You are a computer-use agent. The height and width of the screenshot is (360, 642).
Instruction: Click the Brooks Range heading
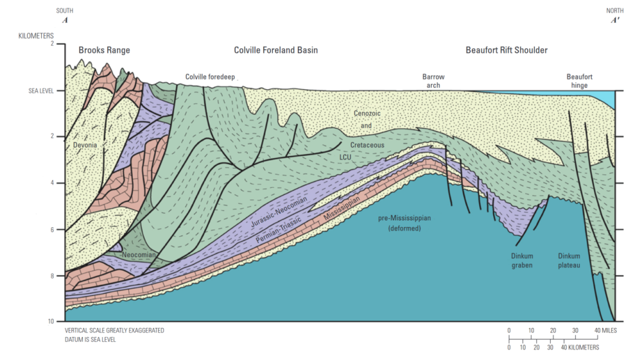coord(104,50)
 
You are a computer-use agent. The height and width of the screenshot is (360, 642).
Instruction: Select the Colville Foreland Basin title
coord(275,50)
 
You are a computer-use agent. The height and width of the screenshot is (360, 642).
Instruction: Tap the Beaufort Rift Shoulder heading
coord(507,50)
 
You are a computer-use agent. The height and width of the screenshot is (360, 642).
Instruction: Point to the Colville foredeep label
coord(210,77)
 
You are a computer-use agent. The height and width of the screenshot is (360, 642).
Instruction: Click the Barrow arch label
coord(433,81)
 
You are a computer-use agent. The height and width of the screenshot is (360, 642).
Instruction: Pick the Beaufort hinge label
coord(579,81)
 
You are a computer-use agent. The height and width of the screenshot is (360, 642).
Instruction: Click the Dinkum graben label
coord(522,261)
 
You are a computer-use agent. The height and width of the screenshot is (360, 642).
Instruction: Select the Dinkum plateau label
coord(569,261)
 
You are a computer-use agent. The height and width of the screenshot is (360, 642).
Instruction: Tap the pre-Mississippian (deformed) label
coord(404,223)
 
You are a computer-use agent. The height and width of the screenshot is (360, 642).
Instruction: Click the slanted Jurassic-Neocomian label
coord(279,212)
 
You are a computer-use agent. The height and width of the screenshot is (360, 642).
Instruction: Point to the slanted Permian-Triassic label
coord(279,230)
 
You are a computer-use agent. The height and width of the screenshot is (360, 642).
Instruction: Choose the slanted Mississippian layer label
coord(342,208)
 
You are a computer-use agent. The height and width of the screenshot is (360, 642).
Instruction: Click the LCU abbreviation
coord(345,157)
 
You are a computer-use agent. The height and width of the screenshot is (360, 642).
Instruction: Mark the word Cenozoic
coord(367,114)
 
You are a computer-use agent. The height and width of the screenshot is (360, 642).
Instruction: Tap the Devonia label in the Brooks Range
coord(85,145)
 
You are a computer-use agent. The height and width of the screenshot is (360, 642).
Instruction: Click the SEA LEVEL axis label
coord(41,91)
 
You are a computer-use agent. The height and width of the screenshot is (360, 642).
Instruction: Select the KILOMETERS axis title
coord(36,36)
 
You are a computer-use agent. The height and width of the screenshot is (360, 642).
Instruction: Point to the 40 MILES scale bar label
coord(605,330)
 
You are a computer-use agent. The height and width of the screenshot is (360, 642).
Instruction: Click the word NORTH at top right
coord(615,11)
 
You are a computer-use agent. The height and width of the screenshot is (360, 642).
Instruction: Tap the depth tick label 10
coord(51,321)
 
